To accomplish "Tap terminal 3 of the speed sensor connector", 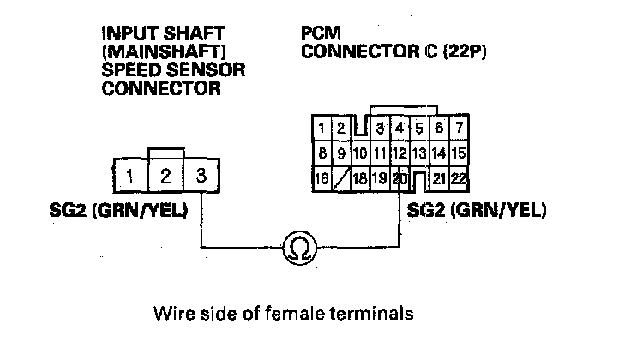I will coord(201,177).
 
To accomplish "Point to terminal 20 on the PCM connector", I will coord(400,179).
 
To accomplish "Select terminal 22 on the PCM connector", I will coord(459,179).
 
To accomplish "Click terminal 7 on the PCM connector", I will coord(459,129).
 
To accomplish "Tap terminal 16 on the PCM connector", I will coord(322,179).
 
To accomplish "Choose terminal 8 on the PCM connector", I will coord(322,154).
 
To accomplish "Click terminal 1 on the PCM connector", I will coord(322,129).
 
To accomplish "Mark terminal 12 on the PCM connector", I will coord(400,154).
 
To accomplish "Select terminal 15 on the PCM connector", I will coord(459,154).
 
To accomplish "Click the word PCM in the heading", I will coord(318,33).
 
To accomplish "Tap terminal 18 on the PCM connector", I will coord(360,179).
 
